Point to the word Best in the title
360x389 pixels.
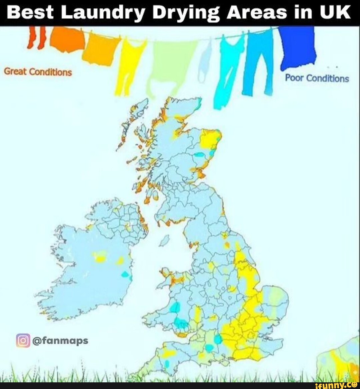click(30, 12)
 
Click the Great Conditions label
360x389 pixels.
click(38, 72)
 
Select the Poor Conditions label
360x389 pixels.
click(317, 78)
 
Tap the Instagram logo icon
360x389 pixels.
click(23, 340)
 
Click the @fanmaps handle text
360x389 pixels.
click(60, 340)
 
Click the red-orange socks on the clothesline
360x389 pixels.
click(37, 37)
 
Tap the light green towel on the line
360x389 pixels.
click(170, 63)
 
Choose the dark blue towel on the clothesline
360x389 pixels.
click(297, 47)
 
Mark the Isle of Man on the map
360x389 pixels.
click(164, 240)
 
